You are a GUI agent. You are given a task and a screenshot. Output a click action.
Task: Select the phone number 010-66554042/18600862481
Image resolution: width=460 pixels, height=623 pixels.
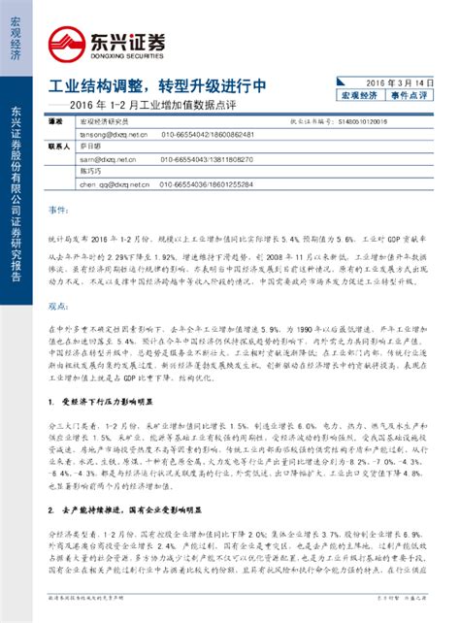pyautogui.click(x=208, y=133)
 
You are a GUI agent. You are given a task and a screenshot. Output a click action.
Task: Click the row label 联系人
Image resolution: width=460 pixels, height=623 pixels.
pyautogui.click(x=60, y=146)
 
